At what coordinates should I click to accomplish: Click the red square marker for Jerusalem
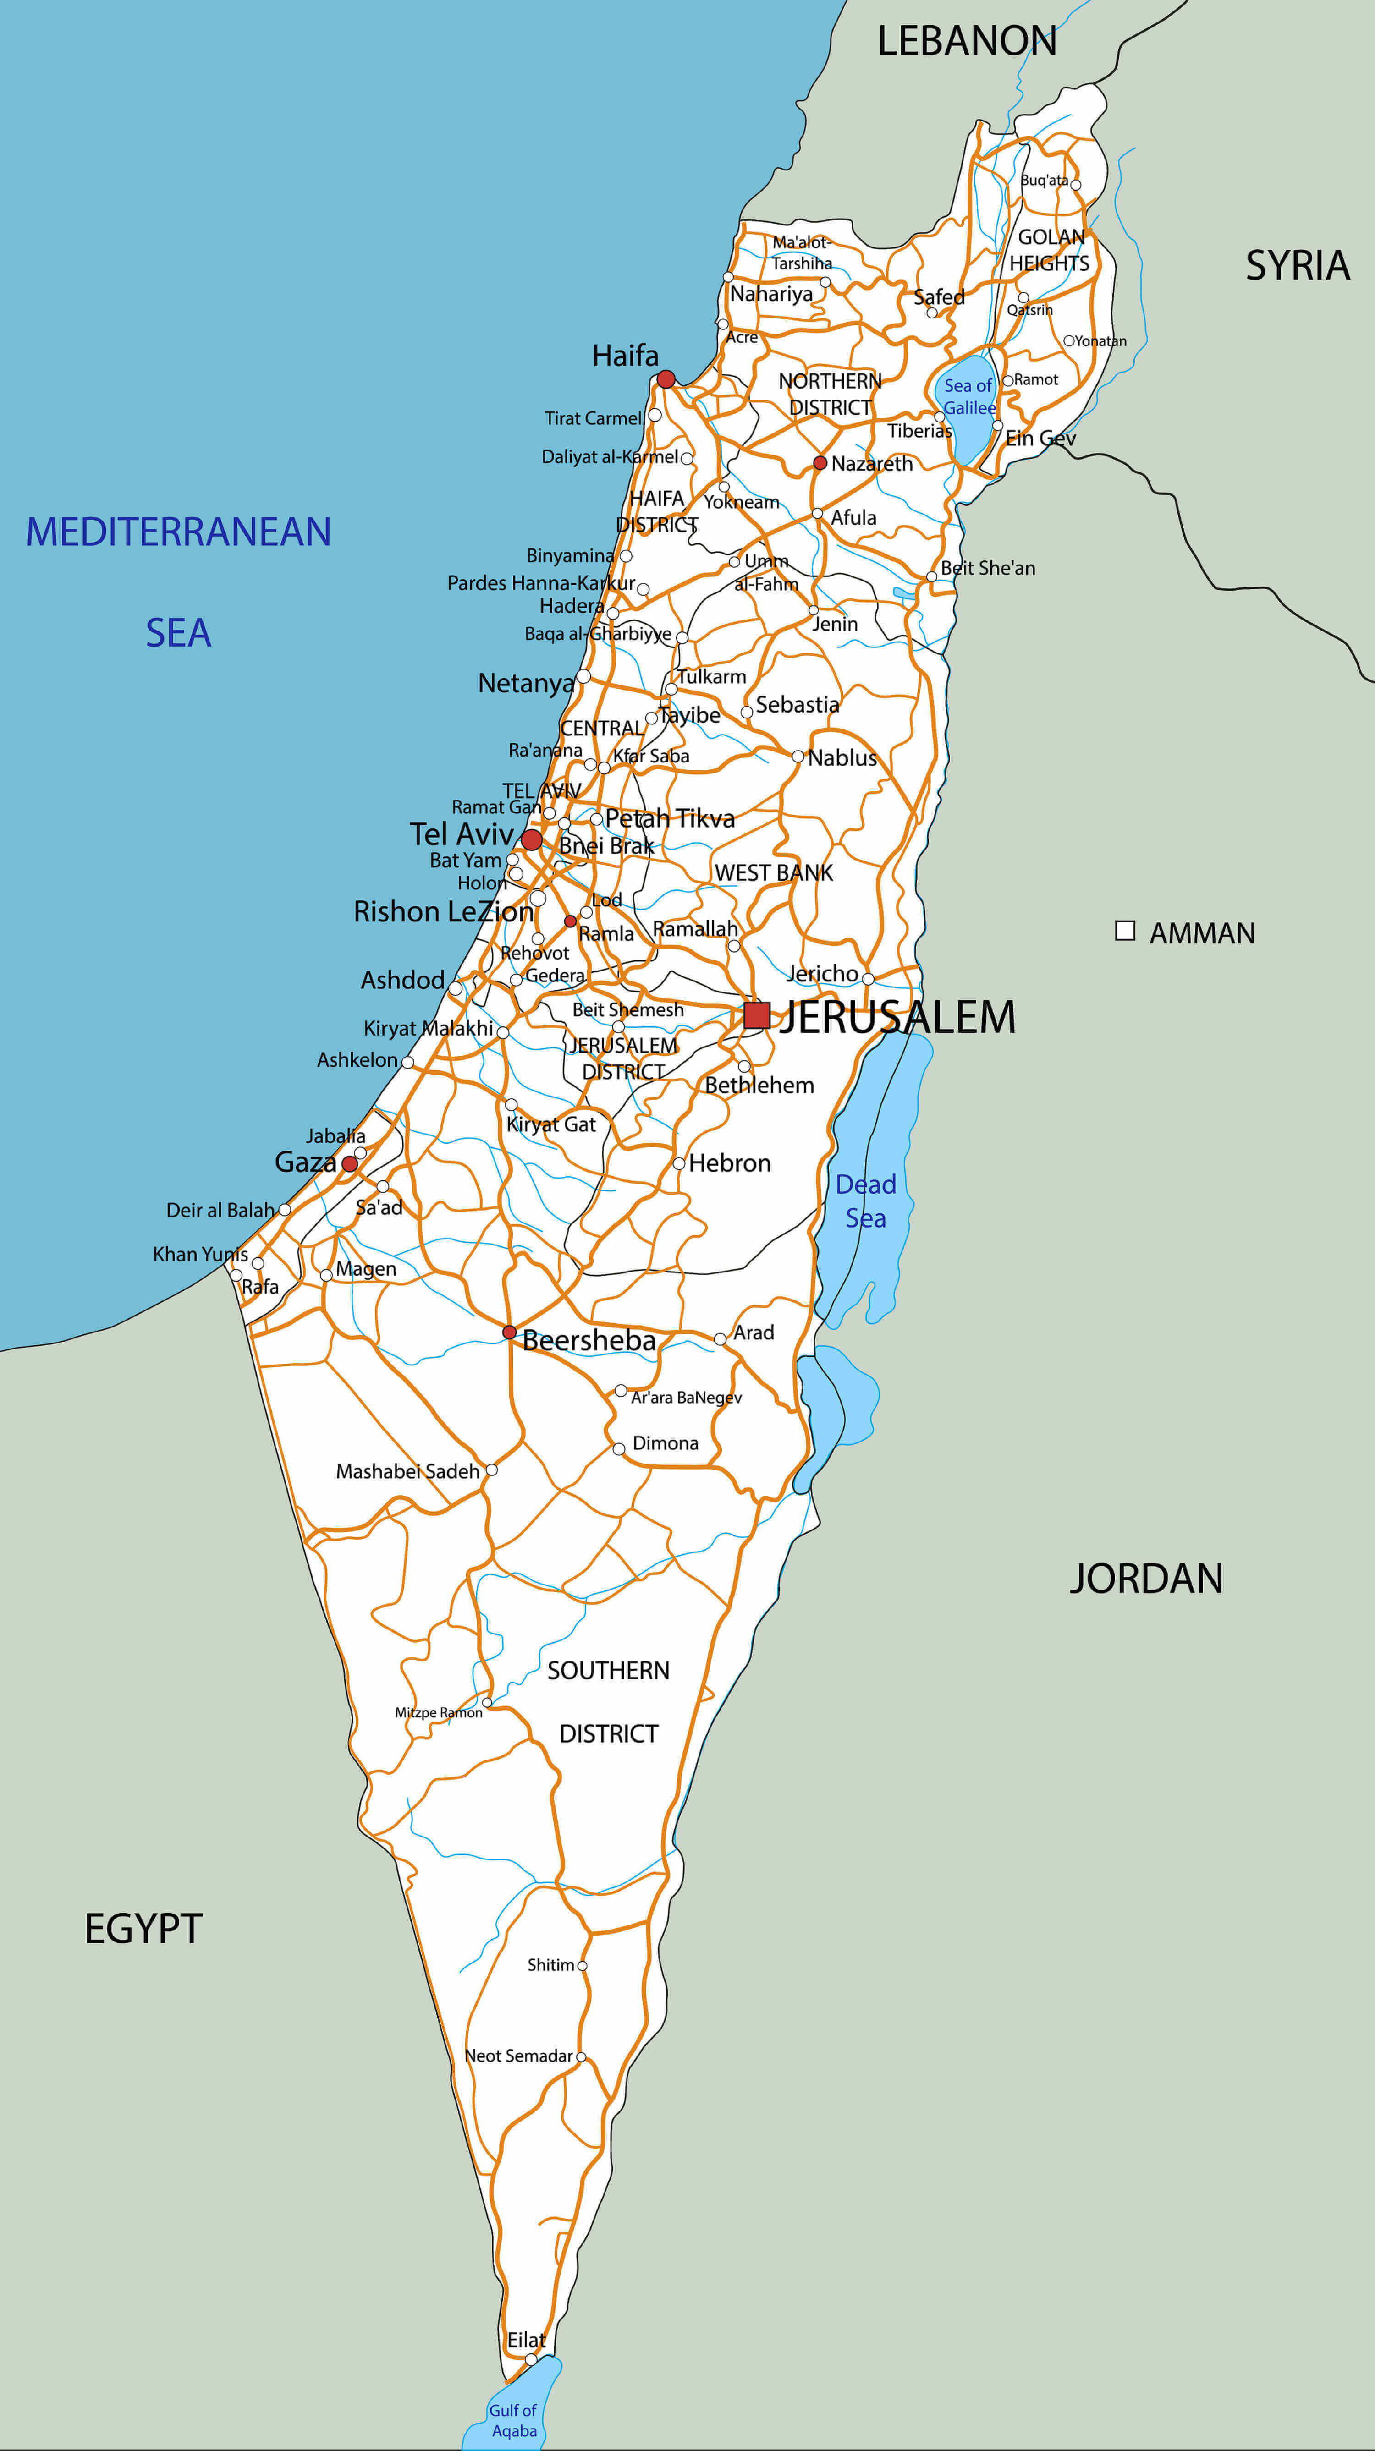[757, 1015]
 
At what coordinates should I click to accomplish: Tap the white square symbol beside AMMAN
[1125, 931]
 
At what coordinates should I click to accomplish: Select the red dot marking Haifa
[666, 380]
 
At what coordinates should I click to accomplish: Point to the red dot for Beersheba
[509, 1332]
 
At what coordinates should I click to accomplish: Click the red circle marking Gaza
[349, 1164]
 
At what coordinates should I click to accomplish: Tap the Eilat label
[526, 2340]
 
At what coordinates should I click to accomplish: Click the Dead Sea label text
[866, 1201]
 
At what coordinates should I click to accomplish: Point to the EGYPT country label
[143, 1929]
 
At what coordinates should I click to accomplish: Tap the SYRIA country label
[1298, 265]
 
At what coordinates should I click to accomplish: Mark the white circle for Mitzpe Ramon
[487, 1702]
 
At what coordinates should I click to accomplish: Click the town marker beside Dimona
[618, 1449]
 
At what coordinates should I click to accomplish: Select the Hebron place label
[730, 1162]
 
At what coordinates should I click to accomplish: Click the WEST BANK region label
[774, 872]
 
